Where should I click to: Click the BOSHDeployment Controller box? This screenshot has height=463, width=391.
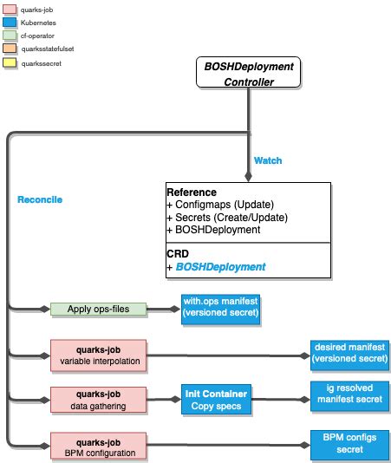[x=249, y=74]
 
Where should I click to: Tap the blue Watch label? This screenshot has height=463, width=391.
[x=267, y=160]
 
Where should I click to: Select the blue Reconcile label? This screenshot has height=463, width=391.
[x=40, y=199]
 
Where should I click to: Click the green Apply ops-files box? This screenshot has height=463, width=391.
[x=97, y=309]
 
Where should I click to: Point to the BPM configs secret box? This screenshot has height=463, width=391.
[x=349, y=443]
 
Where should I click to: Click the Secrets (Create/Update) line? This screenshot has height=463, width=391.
[x=226, y=218]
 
